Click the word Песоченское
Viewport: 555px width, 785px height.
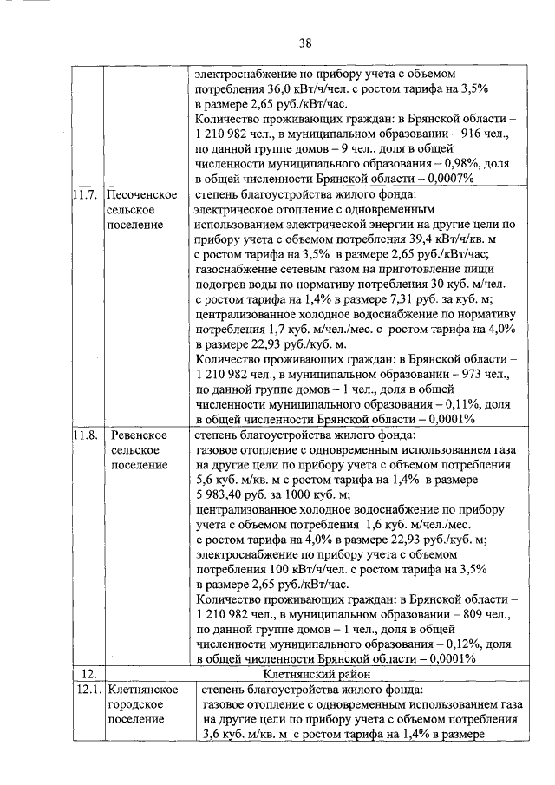click(x=143, y=193)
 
